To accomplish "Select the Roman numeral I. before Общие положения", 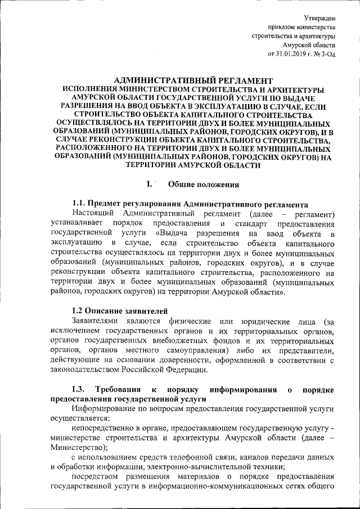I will (149, 184).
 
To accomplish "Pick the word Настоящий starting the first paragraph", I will (92, 214).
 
